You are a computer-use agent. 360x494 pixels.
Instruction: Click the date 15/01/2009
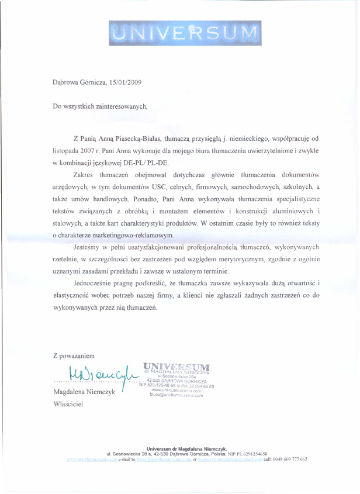(125, 82)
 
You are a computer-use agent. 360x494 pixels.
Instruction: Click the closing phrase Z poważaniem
(73, 355)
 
